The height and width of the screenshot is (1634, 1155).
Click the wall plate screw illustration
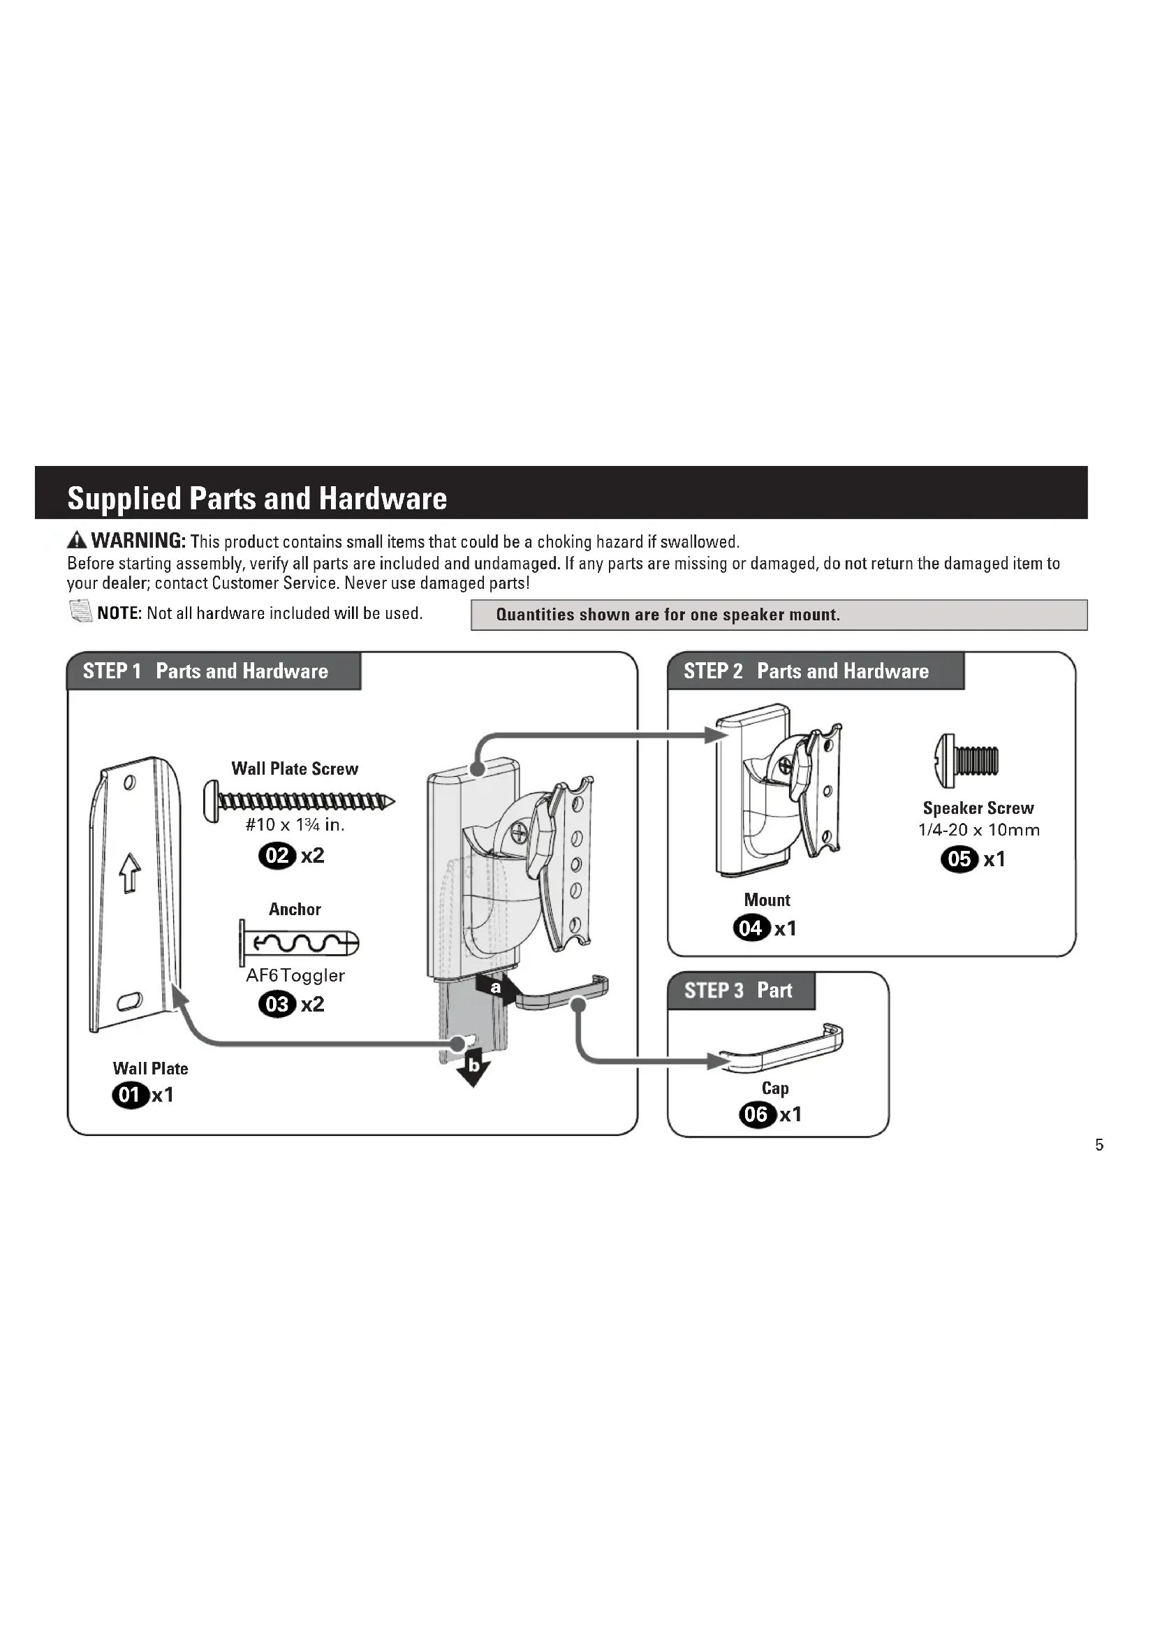pos(299,801)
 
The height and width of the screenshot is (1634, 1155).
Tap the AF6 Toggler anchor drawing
pos(299,944)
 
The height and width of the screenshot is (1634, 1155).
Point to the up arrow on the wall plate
pos(129,873)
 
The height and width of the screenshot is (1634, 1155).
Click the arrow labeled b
pos(473,1069)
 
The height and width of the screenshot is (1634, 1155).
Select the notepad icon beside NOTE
pos(81,611)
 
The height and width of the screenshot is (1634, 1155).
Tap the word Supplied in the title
pos(124,499)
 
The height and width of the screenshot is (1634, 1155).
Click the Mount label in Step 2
pos(767,900)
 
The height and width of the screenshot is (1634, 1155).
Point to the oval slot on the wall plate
pos(131,1002)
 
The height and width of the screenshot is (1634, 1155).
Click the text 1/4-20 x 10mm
pos(978,830)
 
